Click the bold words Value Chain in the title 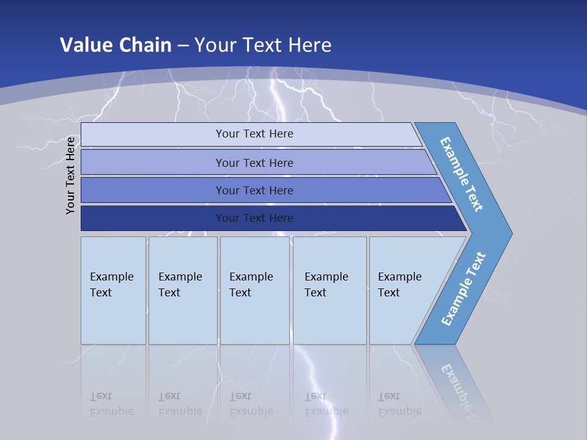coord(116,45)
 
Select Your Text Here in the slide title coord(263,45)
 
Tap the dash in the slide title coord(183,45)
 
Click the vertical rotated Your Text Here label coord(70,175)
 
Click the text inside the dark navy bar coord(254,218)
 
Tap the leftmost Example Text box coord(113,290)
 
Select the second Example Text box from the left coord(183,290)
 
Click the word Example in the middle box coord(251,277)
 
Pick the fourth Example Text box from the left coord(330,290)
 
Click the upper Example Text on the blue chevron coord(462,174)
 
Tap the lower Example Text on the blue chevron coord(463,288)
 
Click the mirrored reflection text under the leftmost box coord(111,404)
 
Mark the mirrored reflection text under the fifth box coord(399,404)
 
